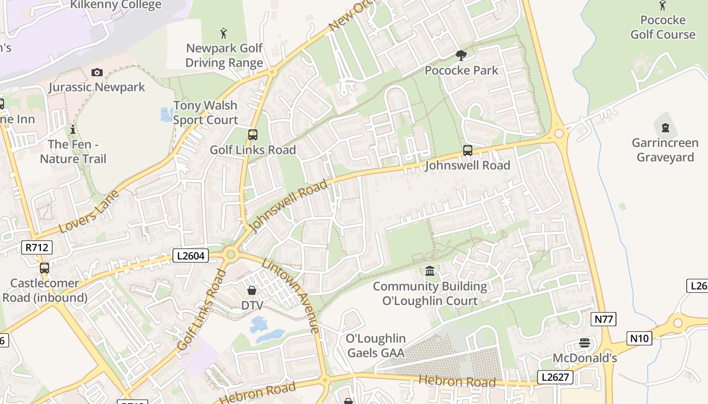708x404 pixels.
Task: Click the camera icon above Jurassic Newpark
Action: tap(97, 73)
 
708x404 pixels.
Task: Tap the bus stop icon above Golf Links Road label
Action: tap(253, 135)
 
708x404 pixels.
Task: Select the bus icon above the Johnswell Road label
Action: tap(468, 150)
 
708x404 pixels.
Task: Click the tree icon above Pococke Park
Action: tap(461, 56)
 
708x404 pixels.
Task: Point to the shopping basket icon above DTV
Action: tap(251, 290)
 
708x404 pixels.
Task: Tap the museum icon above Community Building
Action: tap(430, 272)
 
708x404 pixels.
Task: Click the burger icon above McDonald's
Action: tap(585, 343)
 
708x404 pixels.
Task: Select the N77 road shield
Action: tap(603, 319)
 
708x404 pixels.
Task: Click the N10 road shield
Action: tap(639, 338)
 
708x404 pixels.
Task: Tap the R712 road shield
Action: tap(37, 247)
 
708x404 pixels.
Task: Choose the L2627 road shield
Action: tap(555, 377)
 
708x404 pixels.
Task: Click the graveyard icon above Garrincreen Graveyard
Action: tap(665, 127)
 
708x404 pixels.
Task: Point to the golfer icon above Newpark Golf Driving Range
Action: tap(224, 34)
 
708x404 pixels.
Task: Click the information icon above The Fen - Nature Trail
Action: tap(73, 129)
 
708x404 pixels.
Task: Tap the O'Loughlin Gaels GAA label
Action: tap(376, 345)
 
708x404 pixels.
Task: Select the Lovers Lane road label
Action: tap(89, 212)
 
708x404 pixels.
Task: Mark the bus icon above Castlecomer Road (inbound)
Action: tap(45, 268)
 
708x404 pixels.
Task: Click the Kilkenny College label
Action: tap(116, 5)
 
